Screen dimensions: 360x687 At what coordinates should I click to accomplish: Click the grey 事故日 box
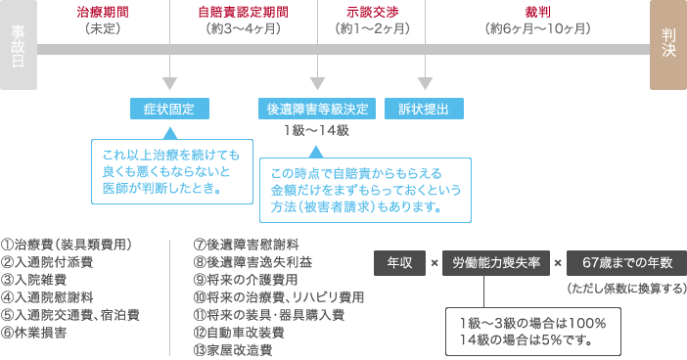17,45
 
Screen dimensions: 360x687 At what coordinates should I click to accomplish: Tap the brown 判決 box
668,45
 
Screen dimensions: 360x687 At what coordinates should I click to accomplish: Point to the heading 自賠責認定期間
244,13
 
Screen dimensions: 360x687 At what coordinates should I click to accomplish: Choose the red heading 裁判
536,13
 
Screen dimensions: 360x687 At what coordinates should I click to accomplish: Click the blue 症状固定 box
170,108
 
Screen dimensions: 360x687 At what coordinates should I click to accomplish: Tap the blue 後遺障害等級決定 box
316,108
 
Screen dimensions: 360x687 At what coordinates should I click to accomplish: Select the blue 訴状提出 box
425,108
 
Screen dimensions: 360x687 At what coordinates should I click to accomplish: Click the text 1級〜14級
316,130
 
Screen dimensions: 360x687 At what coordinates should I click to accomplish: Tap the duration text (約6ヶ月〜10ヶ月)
537,28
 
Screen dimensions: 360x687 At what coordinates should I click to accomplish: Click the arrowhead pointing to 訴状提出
425,84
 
